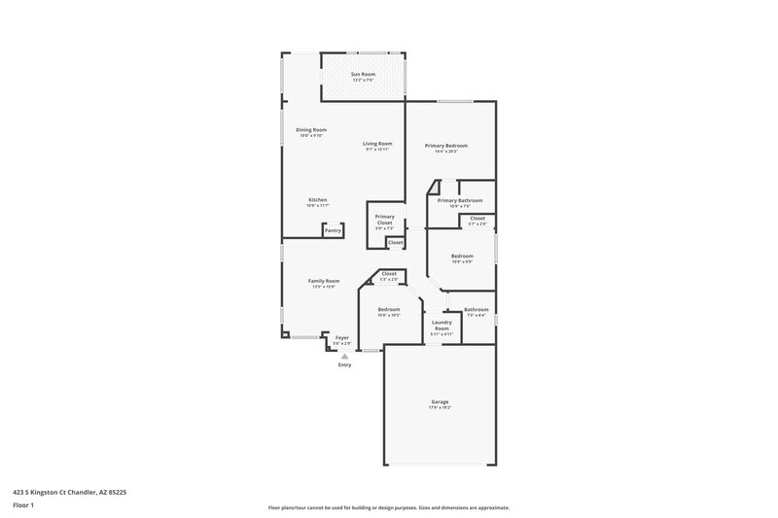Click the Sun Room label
363,74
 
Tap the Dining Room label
311,129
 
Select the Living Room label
377,144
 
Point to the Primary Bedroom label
446,145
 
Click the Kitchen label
318,199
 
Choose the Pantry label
333,230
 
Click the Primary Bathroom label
460,200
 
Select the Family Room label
324,281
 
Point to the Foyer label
342,337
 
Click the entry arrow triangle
344,356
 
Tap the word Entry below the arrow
344,364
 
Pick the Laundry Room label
442,327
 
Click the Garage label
441,401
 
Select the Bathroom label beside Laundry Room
477,309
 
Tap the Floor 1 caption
24,506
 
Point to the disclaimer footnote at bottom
389,507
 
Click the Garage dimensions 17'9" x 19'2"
441,407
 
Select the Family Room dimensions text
324,287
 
